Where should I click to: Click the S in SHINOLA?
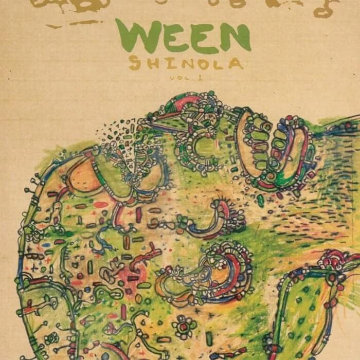pos(135,63)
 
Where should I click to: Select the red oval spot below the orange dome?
pos(101,205)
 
